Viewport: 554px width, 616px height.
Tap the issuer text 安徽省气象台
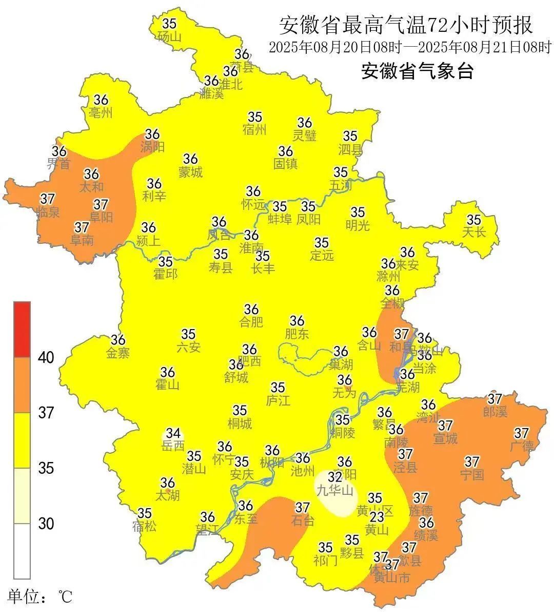point(417,71)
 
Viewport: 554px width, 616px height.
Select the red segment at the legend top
point(22,329)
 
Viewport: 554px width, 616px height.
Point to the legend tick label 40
point(46,358)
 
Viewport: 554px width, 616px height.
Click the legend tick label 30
point(46,524)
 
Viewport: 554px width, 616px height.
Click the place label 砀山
point(169,36)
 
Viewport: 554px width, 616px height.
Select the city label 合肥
point(251,322)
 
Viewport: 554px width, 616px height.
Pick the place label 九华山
point(334,490)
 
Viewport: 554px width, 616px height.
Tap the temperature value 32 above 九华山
point(334,477)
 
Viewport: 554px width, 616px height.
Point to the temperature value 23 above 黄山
point(377,516)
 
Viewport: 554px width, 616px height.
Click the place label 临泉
point(48,211)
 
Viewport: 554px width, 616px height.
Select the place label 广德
point(522,446)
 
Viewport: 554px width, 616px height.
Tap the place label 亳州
point(101,112)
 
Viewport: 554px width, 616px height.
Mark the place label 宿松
point(144,526)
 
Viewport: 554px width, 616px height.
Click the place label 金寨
point(118,353)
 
